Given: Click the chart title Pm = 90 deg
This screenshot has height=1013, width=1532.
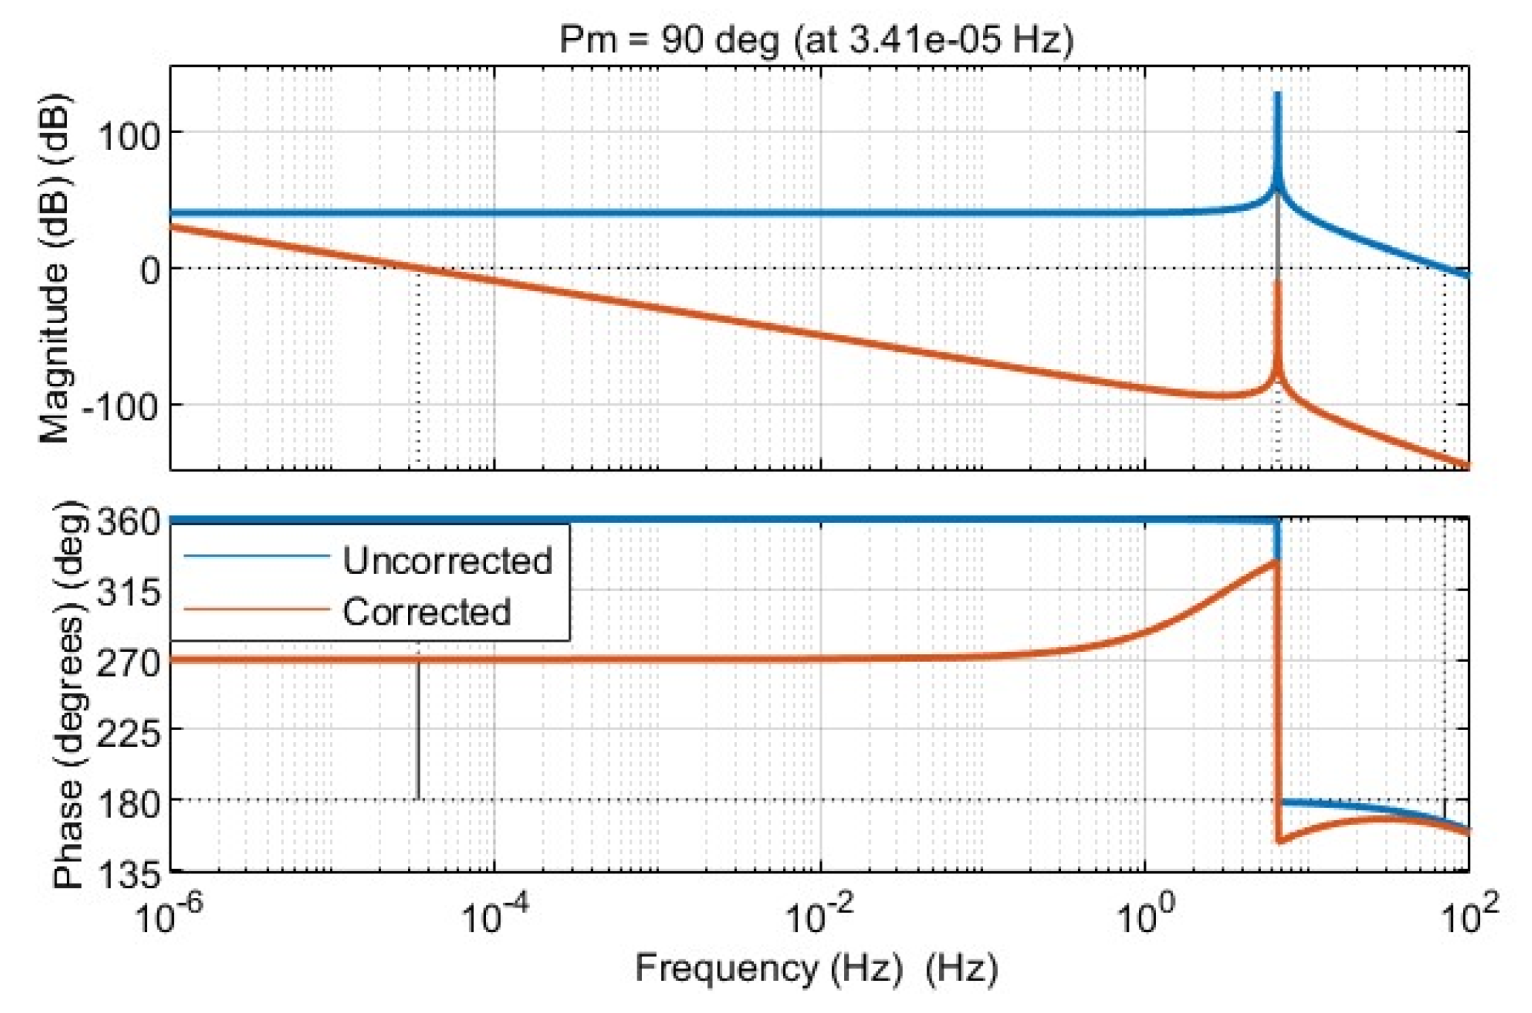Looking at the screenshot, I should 816,39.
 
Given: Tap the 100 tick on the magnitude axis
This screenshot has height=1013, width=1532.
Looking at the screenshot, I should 129,137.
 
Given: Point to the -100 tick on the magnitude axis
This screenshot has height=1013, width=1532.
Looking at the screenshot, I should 120,407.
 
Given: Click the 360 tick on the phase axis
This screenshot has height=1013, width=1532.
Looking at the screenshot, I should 129,522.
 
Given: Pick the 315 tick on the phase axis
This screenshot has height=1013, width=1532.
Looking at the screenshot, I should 129,593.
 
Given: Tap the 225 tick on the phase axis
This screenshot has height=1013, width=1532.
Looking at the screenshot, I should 129,734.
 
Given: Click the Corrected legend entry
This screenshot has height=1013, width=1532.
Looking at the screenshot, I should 426,612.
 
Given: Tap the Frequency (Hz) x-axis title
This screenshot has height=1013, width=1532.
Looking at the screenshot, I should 816,968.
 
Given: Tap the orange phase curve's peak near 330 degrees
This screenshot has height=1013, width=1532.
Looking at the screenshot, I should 1273,562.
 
